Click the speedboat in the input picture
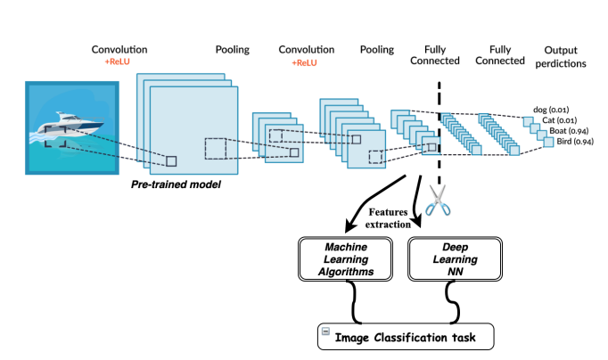[x=68, y=124]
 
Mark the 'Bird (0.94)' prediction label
[x=575, y=141]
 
